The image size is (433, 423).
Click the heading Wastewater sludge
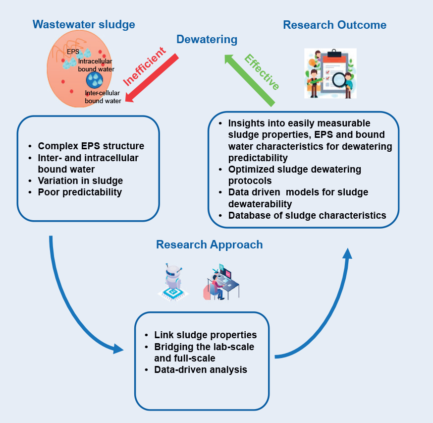[x=84, y=24]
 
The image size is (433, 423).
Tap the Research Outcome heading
[x=334, y=25]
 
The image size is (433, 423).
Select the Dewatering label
[x=207, y=40]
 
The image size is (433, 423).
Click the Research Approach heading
[x=209, y=244]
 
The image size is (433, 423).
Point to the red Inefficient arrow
[x=151, y=77]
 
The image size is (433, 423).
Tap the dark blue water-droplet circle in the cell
[x=94, y=80]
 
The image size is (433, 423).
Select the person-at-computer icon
[x=221, y=282]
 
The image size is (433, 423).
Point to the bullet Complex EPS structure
[x=91, y=146]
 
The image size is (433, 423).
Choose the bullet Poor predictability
[x=80, y=192]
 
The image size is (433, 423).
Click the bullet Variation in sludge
[x=80, y=181]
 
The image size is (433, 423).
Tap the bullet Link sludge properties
[x=205, y=335]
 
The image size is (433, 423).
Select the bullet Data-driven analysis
[x=201, y=369]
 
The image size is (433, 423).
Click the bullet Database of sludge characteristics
[x=307, y=215]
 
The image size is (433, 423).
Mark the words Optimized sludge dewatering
[x=294, y=169]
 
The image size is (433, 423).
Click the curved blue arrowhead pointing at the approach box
[x=118, y=349]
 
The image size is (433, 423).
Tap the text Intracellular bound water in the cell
[x=95, y=65]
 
